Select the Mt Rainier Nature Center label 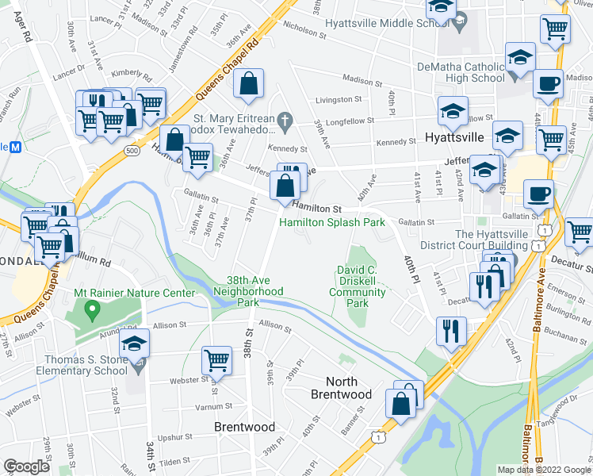(134, 294)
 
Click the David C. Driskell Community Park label (358, 286)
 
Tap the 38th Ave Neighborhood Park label (248, 291)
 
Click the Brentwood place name (245, 427)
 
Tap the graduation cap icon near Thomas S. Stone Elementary (135, 344)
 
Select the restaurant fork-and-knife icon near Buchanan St (452, 331)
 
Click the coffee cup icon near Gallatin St (538, 194)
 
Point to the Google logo (26, 466)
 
